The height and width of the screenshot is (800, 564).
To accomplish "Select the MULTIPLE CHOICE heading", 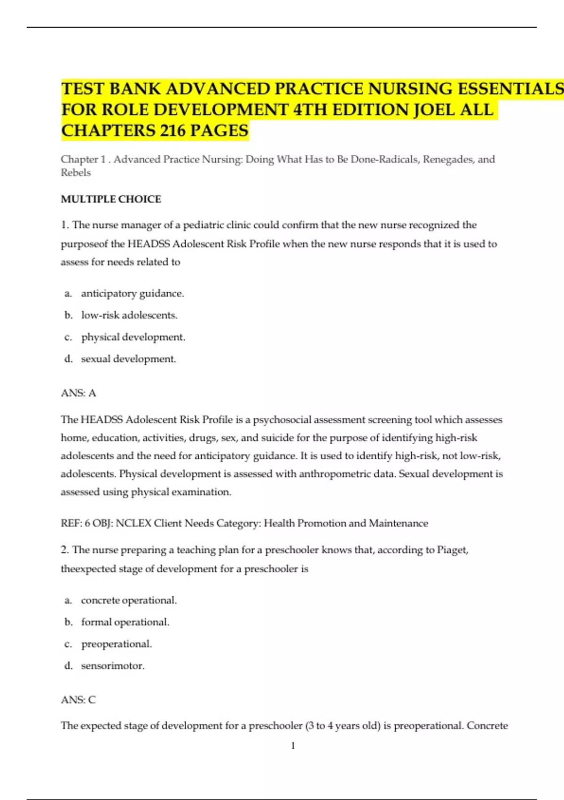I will point(111,199).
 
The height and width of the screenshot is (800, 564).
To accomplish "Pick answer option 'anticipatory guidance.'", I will point(133,293).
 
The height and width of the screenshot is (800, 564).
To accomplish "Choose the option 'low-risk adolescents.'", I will point(129,315).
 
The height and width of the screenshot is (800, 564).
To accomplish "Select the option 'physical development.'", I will point(133,337).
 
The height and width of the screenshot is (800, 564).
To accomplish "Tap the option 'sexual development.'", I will point(128,359).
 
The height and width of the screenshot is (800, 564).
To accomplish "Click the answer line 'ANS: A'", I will point(78,393).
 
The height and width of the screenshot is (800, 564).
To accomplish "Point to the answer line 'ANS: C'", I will point(78,700).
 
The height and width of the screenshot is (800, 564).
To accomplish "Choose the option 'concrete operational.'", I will point(129,600).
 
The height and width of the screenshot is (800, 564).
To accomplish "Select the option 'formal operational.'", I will point(125,622).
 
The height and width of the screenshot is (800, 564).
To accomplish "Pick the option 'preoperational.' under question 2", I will point(117,644).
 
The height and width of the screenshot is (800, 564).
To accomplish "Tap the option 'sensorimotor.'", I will point(113,665).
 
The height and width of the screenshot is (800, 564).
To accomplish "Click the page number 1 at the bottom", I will point(293,745).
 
